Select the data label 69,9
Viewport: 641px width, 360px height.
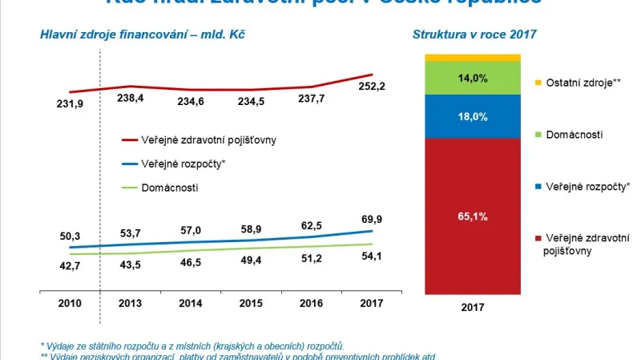[370, 219]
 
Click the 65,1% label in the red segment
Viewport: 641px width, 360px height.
[473, 216]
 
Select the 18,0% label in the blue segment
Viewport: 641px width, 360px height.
[473, 116]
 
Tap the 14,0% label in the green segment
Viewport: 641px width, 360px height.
[473, 79]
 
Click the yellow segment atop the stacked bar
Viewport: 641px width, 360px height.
[473, 58]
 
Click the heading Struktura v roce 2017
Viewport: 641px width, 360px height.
[474, 34]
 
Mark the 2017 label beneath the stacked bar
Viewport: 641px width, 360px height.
[473, 305]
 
